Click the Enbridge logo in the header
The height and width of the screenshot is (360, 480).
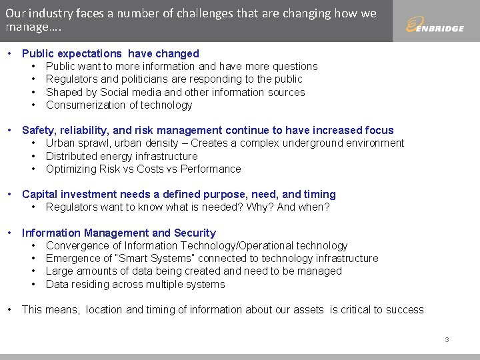coord(435,26)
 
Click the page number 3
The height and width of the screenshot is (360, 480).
coord(447,340)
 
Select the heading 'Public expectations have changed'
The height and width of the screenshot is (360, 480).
coord(110,53)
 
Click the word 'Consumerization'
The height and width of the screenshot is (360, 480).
coord(85,105)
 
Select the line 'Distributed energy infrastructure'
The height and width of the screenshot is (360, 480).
coord(121,156)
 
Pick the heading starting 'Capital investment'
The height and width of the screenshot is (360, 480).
coord(179,194)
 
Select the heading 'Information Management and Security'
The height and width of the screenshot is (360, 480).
coord(119,233)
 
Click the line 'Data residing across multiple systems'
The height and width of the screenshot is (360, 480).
coord(135,284)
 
